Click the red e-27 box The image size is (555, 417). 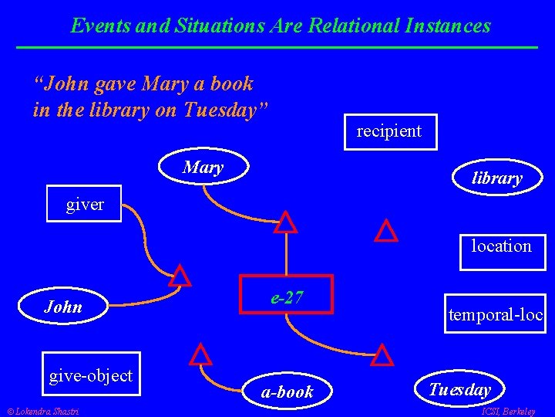286,294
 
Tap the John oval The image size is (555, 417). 64,307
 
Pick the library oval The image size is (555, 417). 496,178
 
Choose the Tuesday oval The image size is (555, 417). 459,389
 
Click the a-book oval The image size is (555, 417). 287,392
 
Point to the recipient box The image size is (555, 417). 388,131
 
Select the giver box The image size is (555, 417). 85,204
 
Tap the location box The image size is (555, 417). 502,247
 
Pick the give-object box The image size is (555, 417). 91,376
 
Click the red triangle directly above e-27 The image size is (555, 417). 286,222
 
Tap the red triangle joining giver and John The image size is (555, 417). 180,276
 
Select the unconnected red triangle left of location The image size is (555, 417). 385,231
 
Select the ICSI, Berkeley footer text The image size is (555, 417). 508,411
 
